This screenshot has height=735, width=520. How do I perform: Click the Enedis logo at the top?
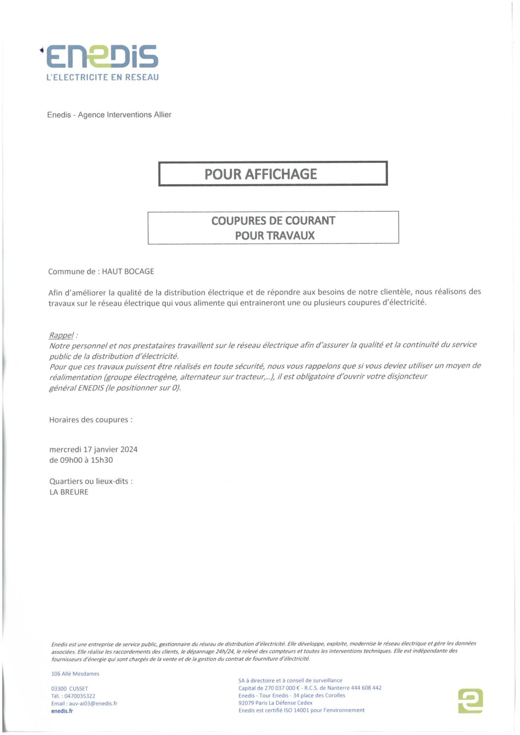pyautogui.click(x=102, y=56)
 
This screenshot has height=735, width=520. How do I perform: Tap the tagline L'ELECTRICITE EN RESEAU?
pyautogui.click(x=103, y=77)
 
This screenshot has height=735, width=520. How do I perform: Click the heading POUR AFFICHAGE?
pyautogui.click(x=260, y=174)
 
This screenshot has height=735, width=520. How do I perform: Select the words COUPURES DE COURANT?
pyautogui.click(x=273, y=221)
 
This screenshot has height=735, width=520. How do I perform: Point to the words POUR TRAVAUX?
pyautogui.click(x=275, y=236)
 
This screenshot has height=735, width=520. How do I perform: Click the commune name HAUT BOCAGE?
pyautogui.click(x=128, y=271)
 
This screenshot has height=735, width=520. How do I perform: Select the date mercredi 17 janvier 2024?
pyautogui.click(x=93, y=449)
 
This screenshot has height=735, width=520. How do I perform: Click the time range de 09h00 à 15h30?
pyautogui.click(x=81, y=460)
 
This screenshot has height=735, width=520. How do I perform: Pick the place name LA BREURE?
pyautogui.click(x=69, y=492)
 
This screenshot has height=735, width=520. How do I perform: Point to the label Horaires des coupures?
pyautogui.click(x=91, y=420)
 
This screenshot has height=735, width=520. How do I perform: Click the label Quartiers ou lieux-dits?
pyautogui.click(x=91, y=481)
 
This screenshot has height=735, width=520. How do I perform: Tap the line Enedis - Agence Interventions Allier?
pyautogui.click(x=109, y=115)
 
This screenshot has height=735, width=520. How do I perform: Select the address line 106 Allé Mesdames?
pyautogui.click(x=75, y=674)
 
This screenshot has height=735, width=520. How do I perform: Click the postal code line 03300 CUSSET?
pyautogui.click(x=70, y=688)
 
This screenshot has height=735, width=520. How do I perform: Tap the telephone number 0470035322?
pyautogui.click(x=80, y=696)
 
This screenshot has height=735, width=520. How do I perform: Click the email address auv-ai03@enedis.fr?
pyautogui.click(x=93, y=703)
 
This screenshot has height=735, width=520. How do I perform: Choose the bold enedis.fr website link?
pyautogui.click(x=62, y=711)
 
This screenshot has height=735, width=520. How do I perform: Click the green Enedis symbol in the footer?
pyautogui.click(x=470, y=700)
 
